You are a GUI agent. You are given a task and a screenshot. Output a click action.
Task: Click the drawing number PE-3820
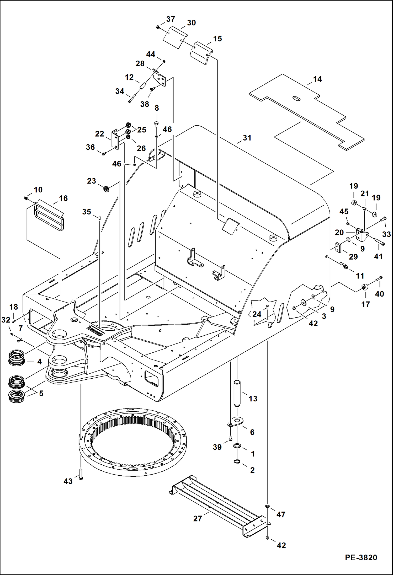pyautogui.click(x=361, y=557)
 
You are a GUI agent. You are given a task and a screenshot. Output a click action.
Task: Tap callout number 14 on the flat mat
pyautogui.click(x=317, y=79)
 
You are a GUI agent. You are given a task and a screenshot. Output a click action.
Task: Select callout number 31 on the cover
pyautogui.click(x=247, y=138)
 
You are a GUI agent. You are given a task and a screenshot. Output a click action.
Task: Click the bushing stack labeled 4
pyautogui.click(x=17, y=358)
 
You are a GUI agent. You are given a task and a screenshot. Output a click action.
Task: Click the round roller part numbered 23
pyautogui.click(x=106, y=188)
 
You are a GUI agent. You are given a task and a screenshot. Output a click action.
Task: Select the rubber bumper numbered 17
pyautogui.click(x=364, y=287)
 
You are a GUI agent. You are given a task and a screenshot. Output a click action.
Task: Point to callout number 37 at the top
pyautogui.click(x=171, y=19)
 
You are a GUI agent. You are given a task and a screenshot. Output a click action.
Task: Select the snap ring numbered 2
pyautogui.click(x=237, y=461)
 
